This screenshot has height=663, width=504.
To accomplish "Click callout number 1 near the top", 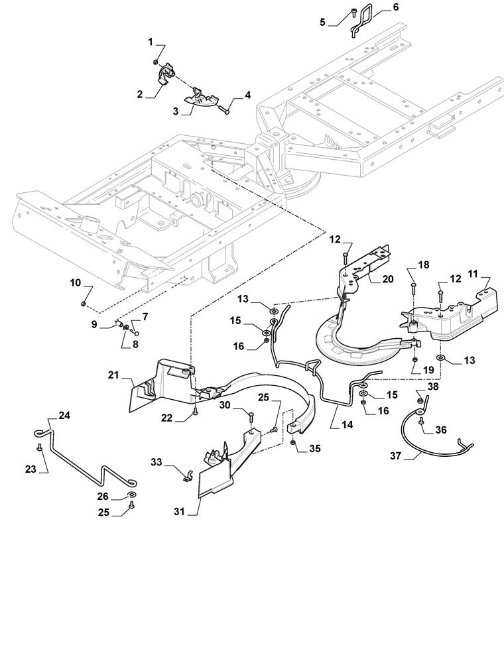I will coord(151,42).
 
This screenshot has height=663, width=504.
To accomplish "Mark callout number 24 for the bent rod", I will coord(64,416).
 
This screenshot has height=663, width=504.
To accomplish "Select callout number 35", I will coord(314,448).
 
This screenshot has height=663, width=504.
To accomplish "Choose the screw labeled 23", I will coord(40,449).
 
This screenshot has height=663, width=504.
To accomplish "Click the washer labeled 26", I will coord(132,495).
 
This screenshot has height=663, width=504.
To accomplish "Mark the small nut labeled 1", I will coord(155,62).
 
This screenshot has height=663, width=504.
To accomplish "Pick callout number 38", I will coord(432,385).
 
